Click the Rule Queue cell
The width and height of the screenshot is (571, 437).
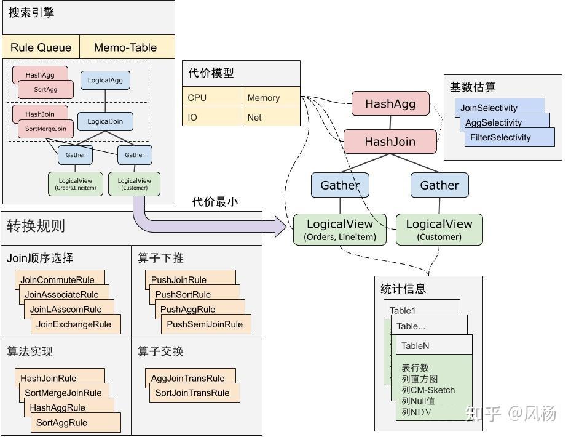[x=41, y=47]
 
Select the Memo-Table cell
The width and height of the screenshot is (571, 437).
[x=125, y=47]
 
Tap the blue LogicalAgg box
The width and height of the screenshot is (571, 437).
[x=105, y=81]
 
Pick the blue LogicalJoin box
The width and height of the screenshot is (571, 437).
[x=105, y=121]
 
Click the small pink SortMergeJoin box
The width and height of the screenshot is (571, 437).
[x=45, y=129]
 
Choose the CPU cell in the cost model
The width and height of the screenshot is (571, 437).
[x=212, y=97]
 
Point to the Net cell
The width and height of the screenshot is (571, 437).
[x=270, y=117]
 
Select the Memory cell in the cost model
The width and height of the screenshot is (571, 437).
[x=270, y=97]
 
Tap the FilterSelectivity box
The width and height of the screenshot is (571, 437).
[x=510, y=138]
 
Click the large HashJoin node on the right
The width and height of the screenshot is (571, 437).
[x=390, y=142]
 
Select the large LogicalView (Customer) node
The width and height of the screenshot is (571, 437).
[x=439, y=229]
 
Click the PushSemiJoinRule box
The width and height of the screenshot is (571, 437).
[x=205, y=324]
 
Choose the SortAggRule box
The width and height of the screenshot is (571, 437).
[x=75, y=423]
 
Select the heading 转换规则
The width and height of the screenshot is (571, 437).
[x=36, y=226]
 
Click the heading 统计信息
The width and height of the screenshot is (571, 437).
[x=403, y=289]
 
